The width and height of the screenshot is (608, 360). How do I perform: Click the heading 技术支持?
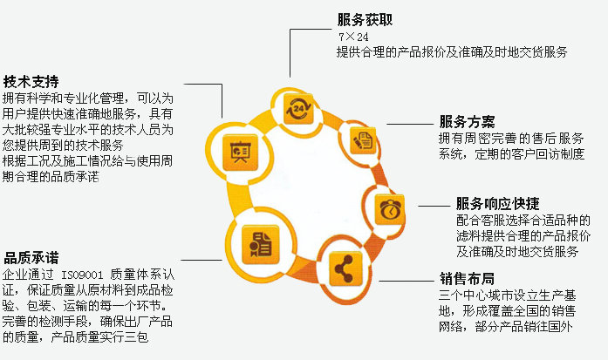pyautogui.click(x=31, y=80)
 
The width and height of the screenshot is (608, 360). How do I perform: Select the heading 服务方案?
pyautogui.click(x=467, y=121)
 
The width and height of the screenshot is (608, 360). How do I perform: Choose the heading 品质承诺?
pyautogui.click(x=31, y=258)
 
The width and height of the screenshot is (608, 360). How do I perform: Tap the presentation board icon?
pyautogui.click(x=237, y=152)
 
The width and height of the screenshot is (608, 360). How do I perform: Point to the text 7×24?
pyautogui.click(x=353, y=37)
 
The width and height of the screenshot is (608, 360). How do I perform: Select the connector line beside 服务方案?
pyautogui.click(x=409, y=123)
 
